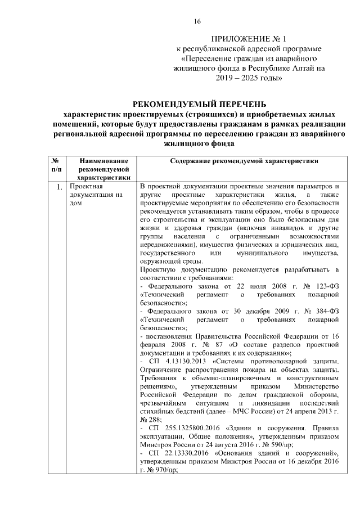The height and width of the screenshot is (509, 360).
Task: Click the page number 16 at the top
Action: point(197,21)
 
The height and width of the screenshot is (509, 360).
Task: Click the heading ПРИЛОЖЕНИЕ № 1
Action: point(249,39)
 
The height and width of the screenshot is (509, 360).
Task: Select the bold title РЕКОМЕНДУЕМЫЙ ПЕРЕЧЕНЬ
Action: point(195,104)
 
